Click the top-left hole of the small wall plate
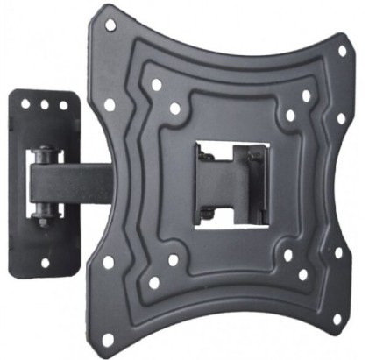(x=25, y=103)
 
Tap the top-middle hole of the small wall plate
(x=45, y=104)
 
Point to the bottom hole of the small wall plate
(x=45, y=261)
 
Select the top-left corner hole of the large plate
(x=110, y=25)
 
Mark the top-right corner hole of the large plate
(x=343, y=50)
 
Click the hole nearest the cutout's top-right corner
(x=290, y=115)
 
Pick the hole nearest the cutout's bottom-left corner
(x=174, y=260)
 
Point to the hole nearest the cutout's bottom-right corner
(x=287, y=256)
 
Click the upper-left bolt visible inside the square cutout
(x=204, y=157)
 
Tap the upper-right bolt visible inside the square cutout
(x=255, y=157)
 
